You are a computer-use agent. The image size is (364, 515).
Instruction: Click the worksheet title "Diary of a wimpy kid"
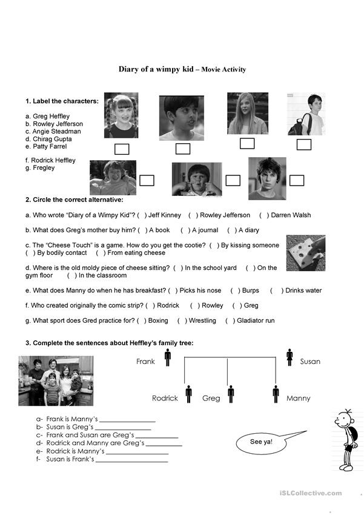click(156, 69)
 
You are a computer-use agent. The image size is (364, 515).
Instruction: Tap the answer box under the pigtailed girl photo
click(122, 149)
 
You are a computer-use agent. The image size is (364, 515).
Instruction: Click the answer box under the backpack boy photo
click(303, 144)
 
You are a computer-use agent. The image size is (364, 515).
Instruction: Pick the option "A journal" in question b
click(204, 231)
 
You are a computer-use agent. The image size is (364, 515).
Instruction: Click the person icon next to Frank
click(167, 357)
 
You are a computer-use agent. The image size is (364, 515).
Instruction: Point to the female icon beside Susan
click(290, 357)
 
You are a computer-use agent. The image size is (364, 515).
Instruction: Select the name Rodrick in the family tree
click(165, 399)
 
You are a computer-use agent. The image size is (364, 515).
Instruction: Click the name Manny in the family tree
click(298, 399)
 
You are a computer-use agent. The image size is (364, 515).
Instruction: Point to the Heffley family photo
click(55, 381)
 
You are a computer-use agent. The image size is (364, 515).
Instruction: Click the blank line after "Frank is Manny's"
click(127, 420)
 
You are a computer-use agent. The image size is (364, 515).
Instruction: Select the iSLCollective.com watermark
click(311, 493)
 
